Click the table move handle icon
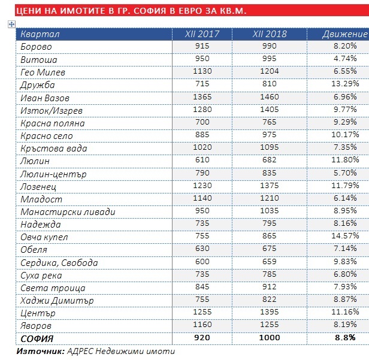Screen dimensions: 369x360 11,24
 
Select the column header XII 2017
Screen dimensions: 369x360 202,34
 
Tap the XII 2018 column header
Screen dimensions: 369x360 270,34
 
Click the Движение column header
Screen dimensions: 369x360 344,34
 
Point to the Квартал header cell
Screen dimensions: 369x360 40,34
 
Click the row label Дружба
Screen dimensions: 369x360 37,85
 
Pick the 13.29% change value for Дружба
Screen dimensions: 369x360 345,83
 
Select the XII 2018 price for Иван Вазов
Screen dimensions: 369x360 270,96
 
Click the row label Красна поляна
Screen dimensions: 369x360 53,123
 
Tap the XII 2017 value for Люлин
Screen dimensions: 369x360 202,160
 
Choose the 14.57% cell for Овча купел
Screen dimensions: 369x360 345,236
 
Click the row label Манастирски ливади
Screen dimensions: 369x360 68,212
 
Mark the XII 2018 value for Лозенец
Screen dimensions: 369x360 270,186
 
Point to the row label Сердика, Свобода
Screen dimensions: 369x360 59,263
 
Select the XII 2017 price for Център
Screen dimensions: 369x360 202,312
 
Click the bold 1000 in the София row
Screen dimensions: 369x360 270,338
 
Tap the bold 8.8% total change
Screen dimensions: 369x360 345,338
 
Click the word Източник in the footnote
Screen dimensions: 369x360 41,351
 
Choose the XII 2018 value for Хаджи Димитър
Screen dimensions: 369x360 270,300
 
